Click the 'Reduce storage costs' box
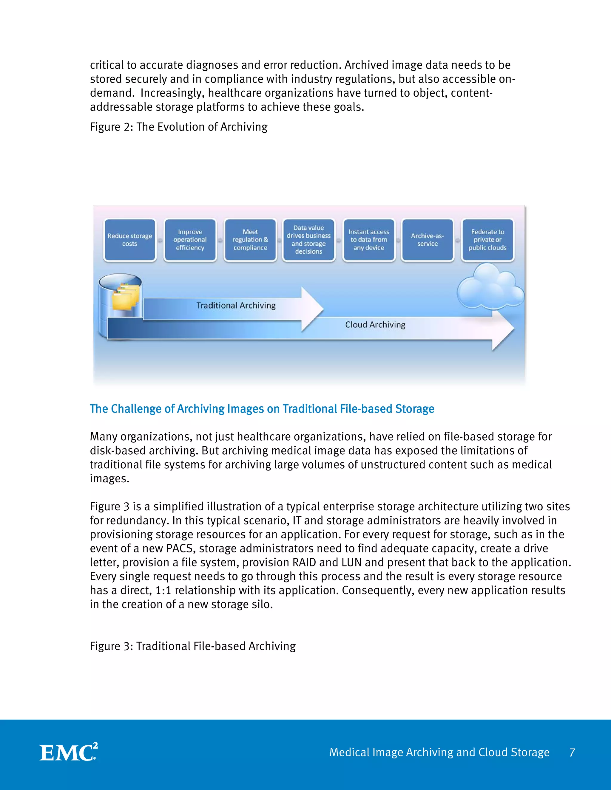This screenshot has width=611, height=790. click(x=129, y=240)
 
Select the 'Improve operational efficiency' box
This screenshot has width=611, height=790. click(x=190, y=240)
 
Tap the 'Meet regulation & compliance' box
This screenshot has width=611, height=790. click(x=250, y=240)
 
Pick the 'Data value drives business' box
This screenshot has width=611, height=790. click(x=308, y=240)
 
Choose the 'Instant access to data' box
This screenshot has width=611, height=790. click(x=368, y=240)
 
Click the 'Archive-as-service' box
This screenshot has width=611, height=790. click(x=428, y=240)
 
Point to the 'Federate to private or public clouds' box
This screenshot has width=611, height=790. click(x=487, y=240)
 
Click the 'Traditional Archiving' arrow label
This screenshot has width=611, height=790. click(x=236, y=306)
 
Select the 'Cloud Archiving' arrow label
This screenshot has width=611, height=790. click(x=375, y=325)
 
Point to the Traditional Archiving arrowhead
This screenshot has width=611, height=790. click(x=311, y=309)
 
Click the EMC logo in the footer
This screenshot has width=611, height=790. click(x=68, y=752)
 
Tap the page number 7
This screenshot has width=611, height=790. click(x=572, y=752)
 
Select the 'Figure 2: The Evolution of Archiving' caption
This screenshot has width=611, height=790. click(x=178, y=127)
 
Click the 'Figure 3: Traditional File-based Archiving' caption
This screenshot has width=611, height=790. click(x=192, y=646)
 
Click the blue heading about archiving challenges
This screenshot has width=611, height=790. click(x=262, y=409)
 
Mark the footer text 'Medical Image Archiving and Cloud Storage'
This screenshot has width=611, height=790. click(x=439, y=752)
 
